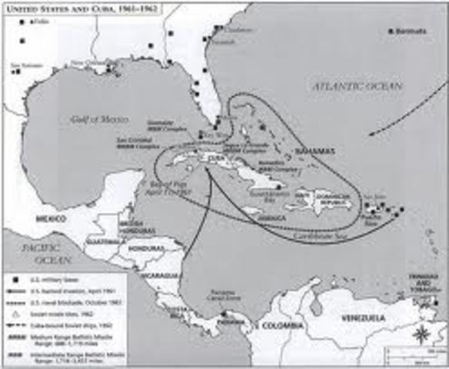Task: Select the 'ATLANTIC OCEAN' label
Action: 358,87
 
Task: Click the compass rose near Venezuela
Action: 422,334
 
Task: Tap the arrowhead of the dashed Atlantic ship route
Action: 370,135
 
